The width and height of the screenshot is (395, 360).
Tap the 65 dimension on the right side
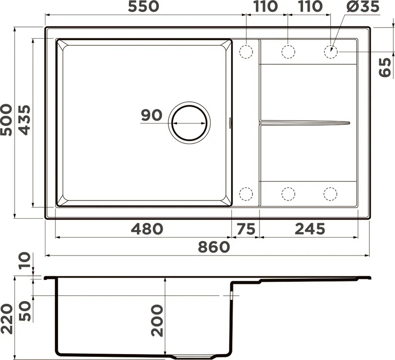click(385, 67)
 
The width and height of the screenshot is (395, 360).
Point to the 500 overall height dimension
click(6, 120)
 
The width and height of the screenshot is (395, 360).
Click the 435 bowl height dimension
click(25, 120)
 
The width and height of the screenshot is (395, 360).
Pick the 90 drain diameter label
click(151, 115)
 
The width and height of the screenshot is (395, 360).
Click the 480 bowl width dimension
click(147, 229)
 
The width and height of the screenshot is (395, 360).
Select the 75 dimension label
click(245, 229)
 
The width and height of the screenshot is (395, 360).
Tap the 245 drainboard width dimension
click(310, 229)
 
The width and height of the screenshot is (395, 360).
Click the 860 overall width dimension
click(214, 247)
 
